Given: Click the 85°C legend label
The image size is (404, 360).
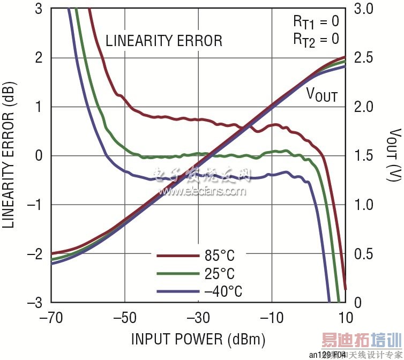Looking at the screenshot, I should click(x=220, y=256).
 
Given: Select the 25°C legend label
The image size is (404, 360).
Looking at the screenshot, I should click(x=220, y=274).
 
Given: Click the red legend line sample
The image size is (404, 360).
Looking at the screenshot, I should click(x=175, y=256).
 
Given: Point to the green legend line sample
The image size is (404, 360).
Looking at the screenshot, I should click(x=175, y=274).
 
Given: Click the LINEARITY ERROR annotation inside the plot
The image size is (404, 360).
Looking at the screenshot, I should click(x=163, y=41).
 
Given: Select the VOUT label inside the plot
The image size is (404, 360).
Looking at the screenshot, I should click(x=321, y=95).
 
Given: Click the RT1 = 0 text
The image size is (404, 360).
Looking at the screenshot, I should click(x=316, y=22).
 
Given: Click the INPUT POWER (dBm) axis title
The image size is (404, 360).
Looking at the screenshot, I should click(x=198, y=339).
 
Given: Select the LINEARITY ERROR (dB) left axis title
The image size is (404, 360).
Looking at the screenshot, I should click(x=9, y=155).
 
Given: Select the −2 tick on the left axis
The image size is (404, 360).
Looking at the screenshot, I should click(x=36, y=254).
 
